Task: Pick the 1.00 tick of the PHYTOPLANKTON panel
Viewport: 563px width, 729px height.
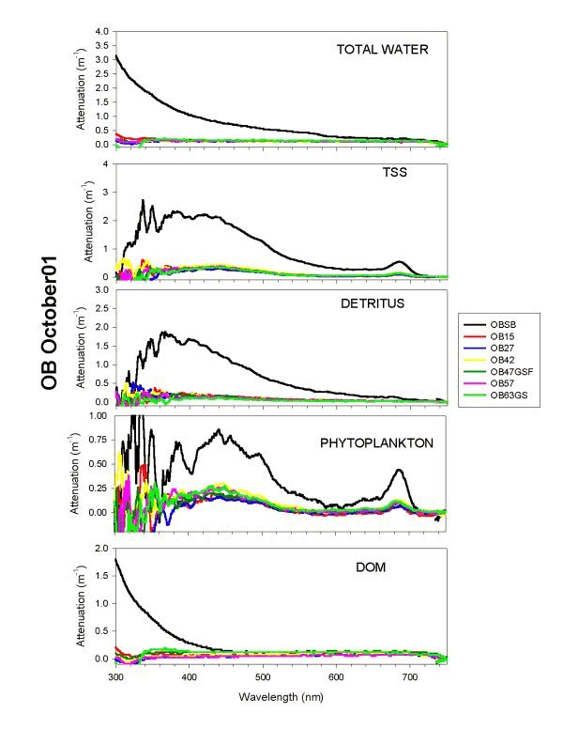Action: coord(98,414)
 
